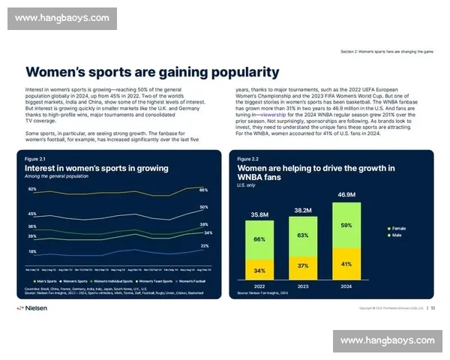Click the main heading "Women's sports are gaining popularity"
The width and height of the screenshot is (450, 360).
pos(152,72)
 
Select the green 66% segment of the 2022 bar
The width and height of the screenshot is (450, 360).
pos(259,239)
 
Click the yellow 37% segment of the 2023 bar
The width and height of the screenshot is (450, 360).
pos(303,266)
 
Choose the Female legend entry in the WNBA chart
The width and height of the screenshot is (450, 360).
pos(397,228)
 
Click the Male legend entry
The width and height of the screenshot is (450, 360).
pos(395,235)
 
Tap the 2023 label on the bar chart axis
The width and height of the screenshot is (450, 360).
pos(303,286)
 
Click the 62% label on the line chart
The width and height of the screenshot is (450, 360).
pos(32,189)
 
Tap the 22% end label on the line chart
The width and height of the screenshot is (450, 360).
pos(204,246)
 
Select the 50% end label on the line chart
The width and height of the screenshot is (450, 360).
pos(204,207)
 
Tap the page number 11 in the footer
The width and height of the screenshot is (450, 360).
pos(433,307)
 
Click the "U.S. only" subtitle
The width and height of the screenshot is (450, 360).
pos(246,184)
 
